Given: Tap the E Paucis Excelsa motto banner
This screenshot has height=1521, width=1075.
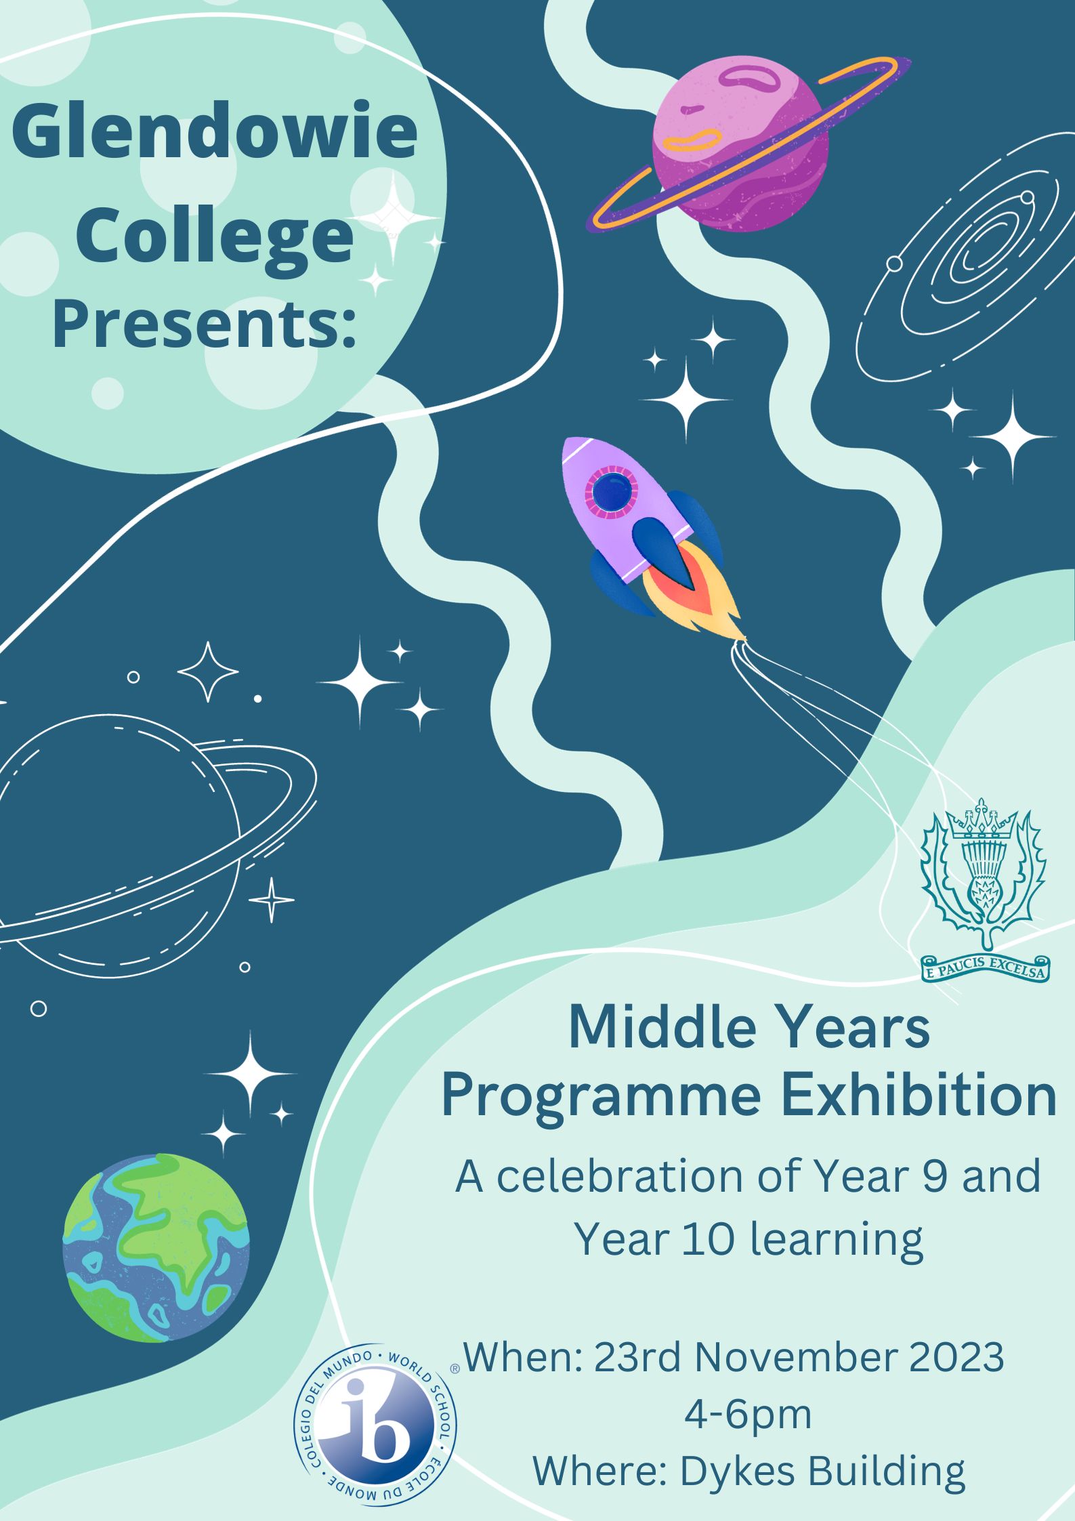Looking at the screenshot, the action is click(x=985, y=967).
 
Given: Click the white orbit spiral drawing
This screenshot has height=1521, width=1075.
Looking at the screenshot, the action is click(x=965, y=257).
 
